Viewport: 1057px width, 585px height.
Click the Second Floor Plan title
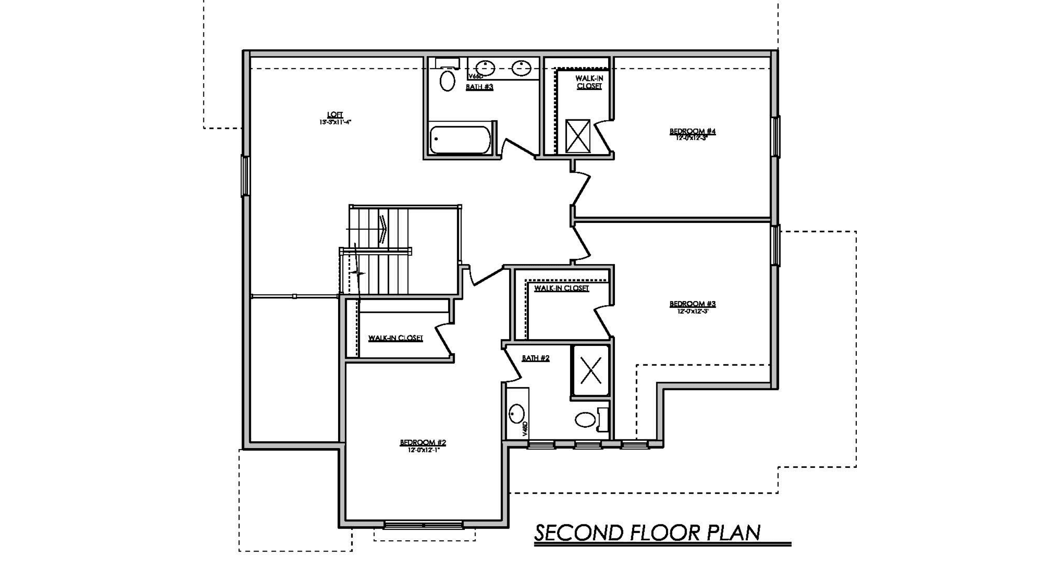[647, 533]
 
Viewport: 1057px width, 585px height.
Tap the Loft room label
[335, 115]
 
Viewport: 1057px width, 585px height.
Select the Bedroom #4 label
[692, 132]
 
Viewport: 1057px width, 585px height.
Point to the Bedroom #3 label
[692, 304]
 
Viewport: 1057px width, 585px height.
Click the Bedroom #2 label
[423, 443]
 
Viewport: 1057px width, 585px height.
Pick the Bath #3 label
[479, 87]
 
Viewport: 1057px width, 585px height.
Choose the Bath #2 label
[535, 358]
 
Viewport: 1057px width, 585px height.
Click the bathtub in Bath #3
[460, 139]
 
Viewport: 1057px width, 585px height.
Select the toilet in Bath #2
[586, 420]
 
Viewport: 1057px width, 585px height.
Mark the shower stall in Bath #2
[590, 370]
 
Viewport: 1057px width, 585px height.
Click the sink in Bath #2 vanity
[516, 414]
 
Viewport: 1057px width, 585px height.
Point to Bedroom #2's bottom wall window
[423, 525]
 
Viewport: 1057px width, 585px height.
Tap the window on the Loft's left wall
[245, 176]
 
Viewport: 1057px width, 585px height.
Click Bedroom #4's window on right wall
[775, 137]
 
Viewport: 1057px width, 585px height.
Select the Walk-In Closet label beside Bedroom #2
[395, 338]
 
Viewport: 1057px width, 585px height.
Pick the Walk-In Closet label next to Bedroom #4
[589, 82]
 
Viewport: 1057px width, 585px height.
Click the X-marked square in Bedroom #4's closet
[578, 136]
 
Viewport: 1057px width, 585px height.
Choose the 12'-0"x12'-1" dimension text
[423, 450]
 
